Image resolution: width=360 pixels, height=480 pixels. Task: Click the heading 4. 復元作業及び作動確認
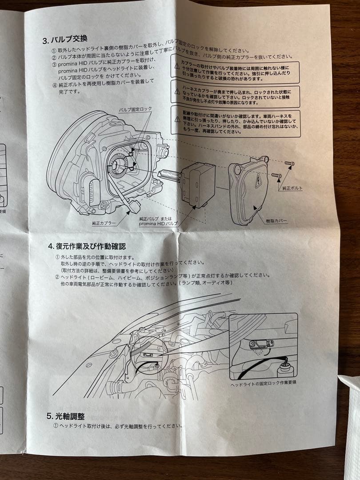pos(87,245)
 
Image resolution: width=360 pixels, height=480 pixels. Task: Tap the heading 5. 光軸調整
pos(66,416)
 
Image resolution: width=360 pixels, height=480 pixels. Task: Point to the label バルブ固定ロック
pos(135,109)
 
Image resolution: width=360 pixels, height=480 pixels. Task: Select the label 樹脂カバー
pos(276,220)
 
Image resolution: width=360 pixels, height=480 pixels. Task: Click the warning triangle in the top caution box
pos(177,66)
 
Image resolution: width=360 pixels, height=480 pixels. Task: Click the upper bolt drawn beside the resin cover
pos(289,164)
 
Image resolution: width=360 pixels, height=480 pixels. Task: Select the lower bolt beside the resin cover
pos(276,176)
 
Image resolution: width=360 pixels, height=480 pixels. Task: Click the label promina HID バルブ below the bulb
pos(158,224)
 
